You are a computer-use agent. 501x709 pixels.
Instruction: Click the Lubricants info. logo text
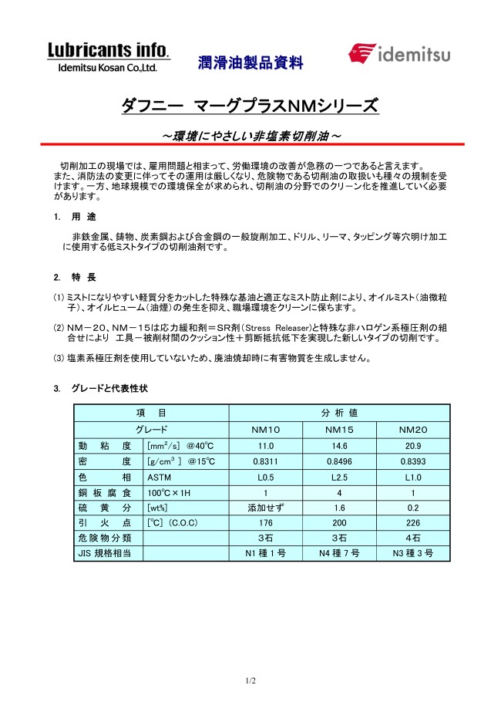pyautogui.click(x=109, y=51)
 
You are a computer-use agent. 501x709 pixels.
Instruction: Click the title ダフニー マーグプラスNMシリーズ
pyautogui.click(x=250, y=106)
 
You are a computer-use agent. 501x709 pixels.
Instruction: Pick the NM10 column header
pyautogui.click(x=266, y=430)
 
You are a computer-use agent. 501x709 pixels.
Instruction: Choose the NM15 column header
pyautogui.click(x=339, y=430)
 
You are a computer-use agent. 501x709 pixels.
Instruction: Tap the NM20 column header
pyautogui.click(x=413, y=430)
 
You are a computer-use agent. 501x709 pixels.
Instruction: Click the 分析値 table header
pyautogui.click(x=339, y=414)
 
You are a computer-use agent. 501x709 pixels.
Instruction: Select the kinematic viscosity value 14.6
pyautogui.click(x=339, y=446)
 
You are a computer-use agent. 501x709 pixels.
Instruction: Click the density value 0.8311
pyautogui.click(x=266, y=461)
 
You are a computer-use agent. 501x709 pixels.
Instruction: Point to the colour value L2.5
pyautogui.click(x=339, y=477)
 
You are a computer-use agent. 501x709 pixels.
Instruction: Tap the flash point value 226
pyautogui.click(x=413, y=523)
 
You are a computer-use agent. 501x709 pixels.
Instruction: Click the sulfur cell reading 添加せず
pyautogui.click(x=266, y=508)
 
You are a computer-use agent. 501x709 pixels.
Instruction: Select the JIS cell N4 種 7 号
pyautogui.click(x=339, y=554)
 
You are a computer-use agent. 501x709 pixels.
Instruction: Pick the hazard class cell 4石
pyautogui.click(x=413, y=538)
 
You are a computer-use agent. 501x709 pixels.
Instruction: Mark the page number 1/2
pyautogui.click(x=250, y=680)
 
